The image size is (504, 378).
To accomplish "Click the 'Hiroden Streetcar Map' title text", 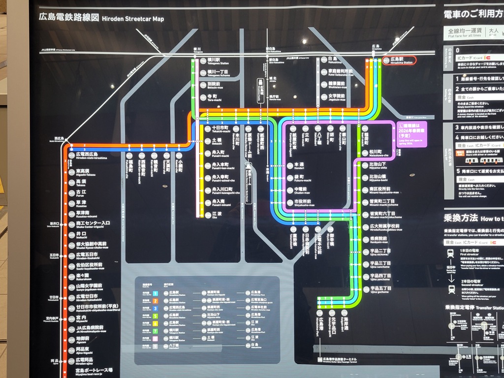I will pos(133,19).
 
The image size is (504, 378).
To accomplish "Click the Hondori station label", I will pos(299,165).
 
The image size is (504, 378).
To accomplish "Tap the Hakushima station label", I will pos(336,60).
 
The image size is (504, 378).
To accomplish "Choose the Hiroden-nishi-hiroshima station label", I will pos(91,156).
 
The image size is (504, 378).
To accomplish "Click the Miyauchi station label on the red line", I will pos(82,318).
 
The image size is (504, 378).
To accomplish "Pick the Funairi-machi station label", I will pos(218,154).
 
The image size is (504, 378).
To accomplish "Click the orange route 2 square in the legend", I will pos(155,300).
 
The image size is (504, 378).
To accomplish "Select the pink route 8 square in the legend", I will pos(155,339).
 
